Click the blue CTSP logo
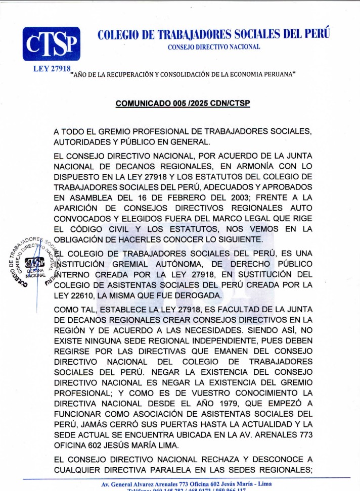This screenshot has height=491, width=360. (51, 44)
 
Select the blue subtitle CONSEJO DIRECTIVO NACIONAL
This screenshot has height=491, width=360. (214, 47)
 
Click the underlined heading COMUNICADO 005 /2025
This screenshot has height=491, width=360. (183, 104)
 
